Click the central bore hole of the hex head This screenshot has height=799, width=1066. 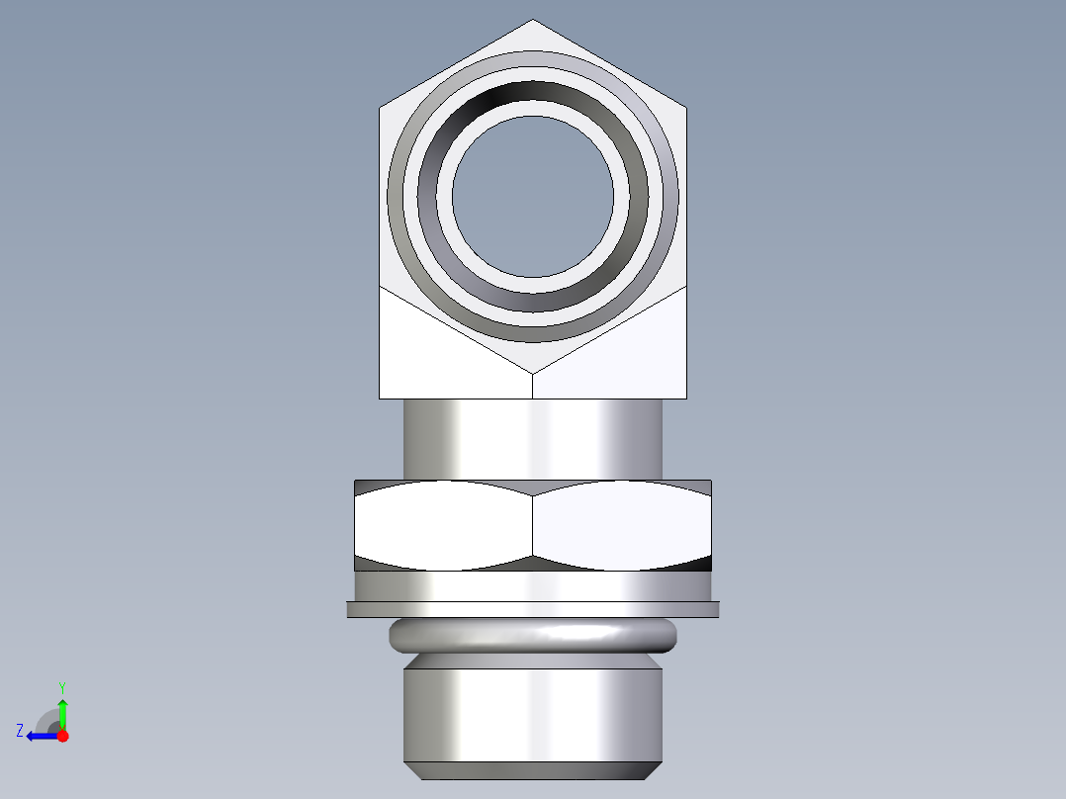pyautogui.click(x=533, y=196)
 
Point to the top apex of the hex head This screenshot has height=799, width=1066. pyautogui.click(x=533, y=22)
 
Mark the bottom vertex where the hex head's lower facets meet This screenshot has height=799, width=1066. pyautogui.click(x=533, y=374)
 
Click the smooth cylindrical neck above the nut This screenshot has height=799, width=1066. pyautogui.click(x=533, y=438)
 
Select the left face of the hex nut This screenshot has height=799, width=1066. pyautogui.click(x=443, y=525)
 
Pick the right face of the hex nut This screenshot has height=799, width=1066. pyautogui.click(x=621, y=525)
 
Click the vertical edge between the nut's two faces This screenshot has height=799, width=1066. pyautogui.click(x=533, y=525)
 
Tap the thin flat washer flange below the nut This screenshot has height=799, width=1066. pyautogui.click(x=533, y=609)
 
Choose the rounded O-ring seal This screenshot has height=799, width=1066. pyautogui.click(x=533, y=635)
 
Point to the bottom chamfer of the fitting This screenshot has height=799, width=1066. pyautogui.click(x=533, y=770)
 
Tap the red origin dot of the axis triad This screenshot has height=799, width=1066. pyautogui.click(x=63, y=736)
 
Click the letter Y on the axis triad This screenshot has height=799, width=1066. pyautogui.click(x=61, y=686)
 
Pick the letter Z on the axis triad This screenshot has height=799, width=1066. pyautogui.click(x=20, y=731)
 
